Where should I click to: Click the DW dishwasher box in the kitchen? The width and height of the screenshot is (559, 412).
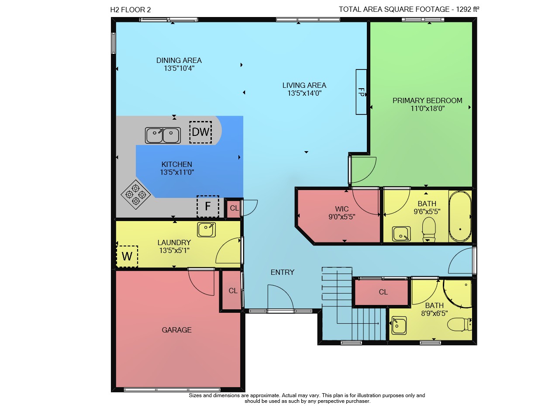[200, 132]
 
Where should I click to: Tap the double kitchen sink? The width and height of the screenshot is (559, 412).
[163, 135]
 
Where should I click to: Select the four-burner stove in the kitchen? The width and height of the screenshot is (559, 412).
[135, 194]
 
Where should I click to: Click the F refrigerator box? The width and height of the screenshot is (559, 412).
[208, 207]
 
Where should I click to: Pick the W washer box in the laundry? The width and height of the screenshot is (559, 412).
[127, 256]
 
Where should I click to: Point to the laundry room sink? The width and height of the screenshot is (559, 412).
[206, 229]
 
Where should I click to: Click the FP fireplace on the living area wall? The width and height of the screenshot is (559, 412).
[361, 92]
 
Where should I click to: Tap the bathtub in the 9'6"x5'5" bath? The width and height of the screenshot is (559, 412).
[460, 216]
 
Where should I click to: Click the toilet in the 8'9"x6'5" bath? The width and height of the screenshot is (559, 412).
[459, 324]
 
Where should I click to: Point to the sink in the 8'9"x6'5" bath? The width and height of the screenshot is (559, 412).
[399, 325]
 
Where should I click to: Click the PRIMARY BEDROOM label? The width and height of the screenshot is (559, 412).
[427, 100]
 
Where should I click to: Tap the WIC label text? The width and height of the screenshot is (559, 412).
[342, 209]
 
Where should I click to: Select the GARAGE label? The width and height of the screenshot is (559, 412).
[177, 330]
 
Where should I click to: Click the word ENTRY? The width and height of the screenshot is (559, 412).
[283, 272]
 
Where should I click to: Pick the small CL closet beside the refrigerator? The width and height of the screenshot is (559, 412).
[234, 208]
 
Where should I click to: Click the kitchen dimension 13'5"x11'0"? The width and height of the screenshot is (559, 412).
[177, 172]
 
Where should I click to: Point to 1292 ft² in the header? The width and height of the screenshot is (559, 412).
[468, 9]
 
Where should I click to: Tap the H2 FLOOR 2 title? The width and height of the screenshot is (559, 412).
[131, 10]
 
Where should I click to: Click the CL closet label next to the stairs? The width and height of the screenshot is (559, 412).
[383, 292]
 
